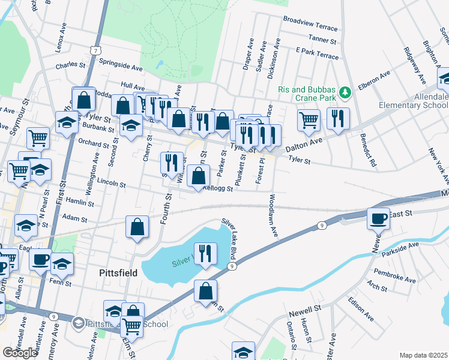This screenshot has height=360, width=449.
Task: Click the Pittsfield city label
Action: (x=118, y=273)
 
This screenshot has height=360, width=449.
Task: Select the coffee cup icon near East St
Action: (x=378, y=218)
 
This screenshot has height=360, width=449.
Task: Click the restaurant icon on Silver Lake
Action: (x=206, y=253)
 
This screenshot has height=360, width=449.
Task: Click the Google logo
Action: (x=20, y=352)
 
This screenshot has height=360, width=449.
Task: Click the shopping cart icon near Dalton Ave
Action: (x=309, y=119)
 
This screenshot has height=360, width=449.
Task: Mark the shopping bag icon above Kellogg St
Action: (x=197, y=176)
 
